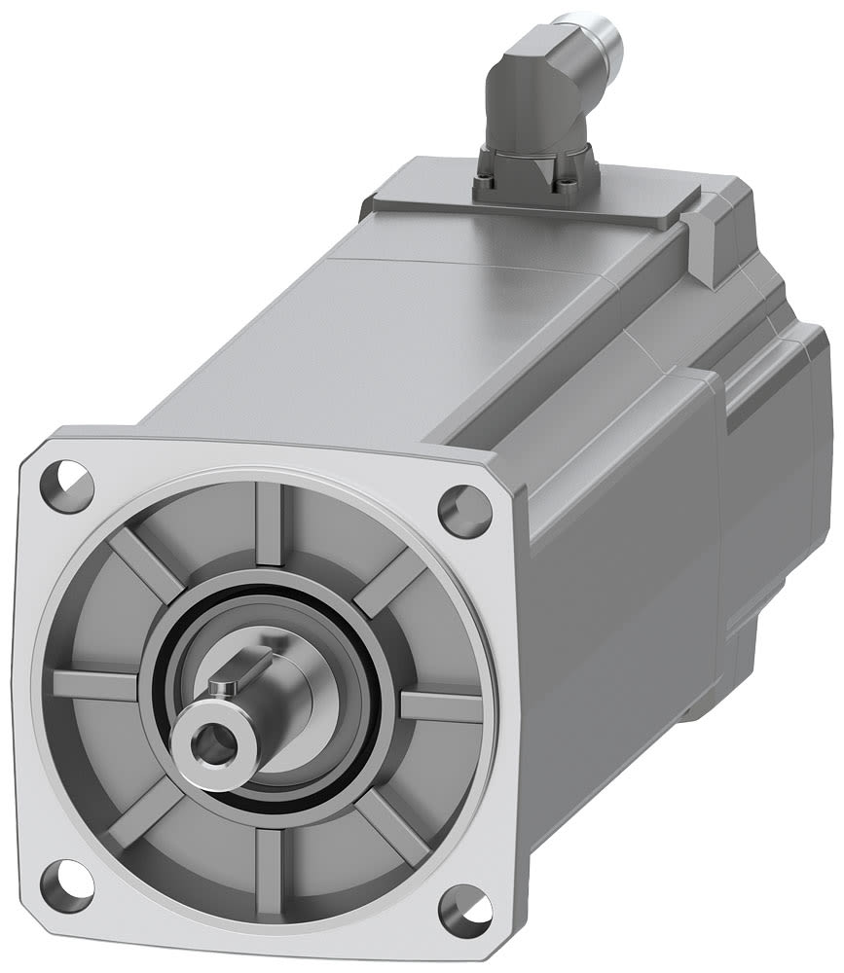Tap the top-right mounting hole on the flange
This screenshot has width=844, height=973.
(464, 510)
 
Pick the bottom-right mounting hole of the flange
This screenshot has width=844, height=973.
(464, 911)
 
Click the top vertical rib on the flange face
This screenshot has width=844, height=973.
(269, 525)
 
